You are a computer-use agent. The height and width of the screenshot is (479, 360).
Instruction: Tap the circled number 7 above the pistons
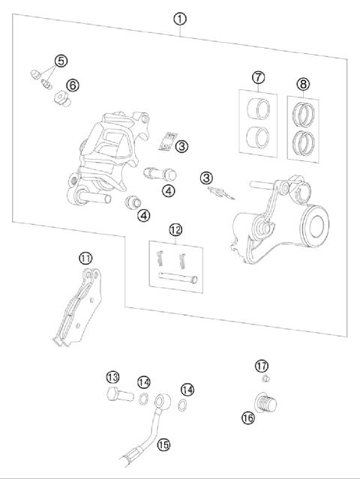click(x=259, y=77)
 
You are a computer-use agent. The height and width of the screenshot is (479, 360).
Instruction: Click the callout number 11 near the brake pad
click(x=87, y=258)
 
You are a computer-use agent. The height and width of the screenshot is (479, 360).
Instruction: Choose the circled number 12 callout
click(x=175, y=229)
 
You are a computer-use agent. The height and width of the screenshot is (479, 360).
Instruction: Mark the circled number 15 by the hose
click(x=163, y=445)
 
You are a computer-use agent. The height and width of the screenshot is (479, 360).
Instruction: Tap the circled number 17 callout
click(x=261, y=366)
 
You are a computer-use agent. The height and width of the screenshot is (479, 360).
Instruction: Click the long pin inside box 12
click(x=178, y=279)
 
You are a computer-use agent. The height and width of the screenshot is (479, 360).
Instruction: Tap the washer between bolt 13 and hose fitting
click(x=142, y=397)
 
